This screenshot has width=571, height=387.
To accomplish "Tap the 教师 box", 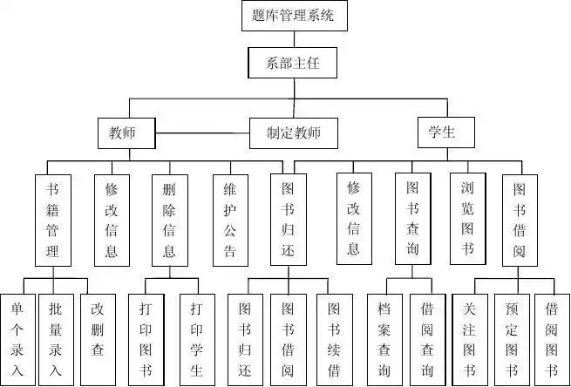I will (x=126, y=133).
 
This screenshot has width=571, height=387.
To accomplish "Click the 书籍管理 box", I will (x=52, y=219).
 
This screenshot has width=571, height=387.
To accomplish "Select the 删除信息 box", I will (x=169, y=219).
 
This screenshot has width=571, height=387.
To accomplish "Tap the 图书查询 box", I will (x=412, y=219).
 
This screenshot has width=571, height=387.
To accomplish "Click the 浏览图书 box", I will (x=466, y=219).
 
